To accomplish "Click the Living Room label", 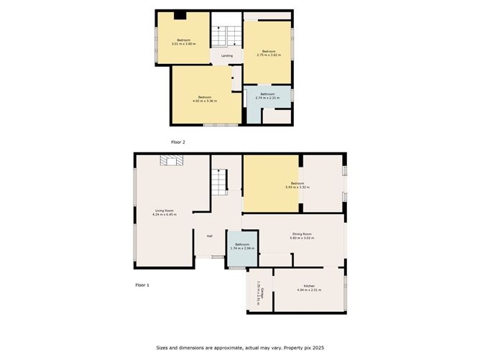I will pyautogui.click(x=165, y=211).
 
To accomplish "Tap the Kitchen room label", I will pyautogui.click(x=309, y=286).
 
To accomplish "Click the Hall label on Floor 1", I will pyautogui.click(x=209, y=236).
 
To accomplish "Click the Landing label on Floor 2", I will pyautogui.click(x=226, y=55).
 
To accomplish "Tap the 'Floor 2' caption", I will pyautogui.click(x=177, y=142).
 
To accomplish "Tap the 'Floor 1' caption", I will pyautogui.click(x=142, y=285).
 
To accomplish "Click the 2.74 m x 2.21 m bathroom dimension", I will pyautogui.click(x=267, y=98).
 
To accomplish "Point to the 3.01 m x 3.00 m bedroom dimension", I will pyautogui.click(x=184, y=44).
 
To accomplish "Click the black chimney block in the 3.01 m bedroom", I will pyautogui.click(x=180, y=16).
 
